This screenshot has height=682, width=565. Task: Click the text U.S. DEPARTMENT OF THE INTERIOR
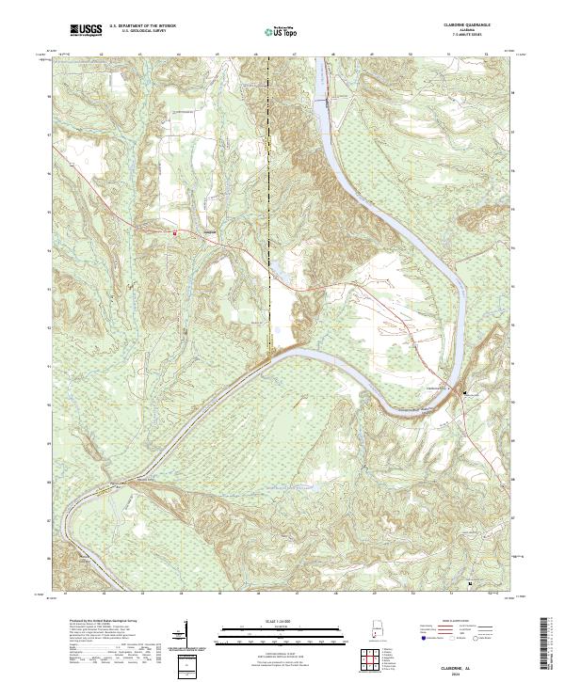click(143, 26)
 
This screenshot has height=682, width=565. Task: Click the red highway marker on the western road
click(174, 231)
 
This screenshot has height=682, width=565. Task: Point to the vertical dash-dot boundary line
click(268, 188)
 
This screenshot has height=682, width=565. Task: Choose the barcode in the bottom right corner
click(546, 642)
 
